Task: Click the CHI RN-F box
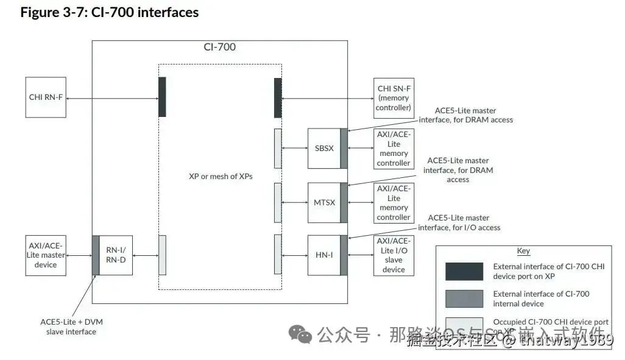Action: point(46,97)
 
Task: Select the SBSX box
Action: point(323,148)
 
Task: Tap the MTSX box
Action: point(323,202)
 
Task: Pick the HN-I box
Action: point(323,255)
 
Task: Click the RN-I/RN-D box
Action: point(115,255)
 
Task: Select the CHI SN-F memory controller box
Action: point(394,97)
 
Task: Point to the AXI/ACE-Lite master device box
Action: point(46,255)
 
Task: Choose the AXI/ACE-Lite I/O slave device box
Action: point(394,255)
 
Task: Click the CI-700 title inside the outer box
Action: point(219,47)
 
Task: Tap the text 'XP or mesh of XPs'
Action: point(221,176)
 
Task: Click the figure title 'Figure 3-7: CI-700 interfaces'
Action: point(110,12)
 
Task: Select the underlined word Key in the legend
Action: point(523,251)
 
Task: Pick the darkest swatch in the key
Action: point(464,271)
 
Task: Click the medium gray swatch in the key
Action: point(464,298)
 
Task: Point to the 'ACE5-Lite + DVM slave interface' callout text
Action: point(71,326)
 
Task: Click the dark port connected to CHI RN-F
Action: point(162,97)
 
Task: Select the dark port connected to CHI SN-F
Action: point(278,97)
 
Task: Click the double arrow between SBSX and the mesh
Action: point(295,148)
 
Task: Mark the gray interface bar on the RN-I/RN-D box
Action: point(95,255)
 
